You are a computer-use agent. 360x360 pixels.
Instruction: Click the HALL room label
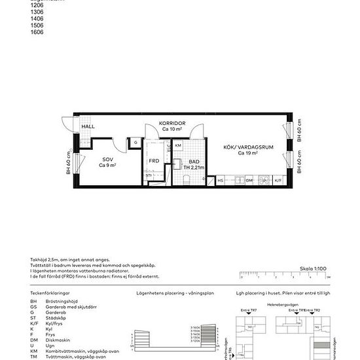coord(88,127)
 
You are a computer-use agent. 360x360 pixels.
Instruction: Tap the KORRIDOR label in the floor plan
coord(173,123)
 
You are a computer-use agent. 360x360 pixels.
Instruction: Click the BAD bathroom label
coord(194,161)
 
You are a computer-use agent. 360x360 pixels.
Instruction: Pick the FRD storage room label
coord(154,161)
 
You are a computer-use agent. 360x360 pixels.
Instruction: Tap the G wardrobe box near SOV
coord(135,142)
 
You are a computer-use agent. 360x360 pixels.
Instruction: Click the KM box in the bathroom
coord(177,145)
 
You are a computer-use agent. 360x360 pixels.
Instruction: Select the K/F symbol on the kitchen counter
coord(278,180)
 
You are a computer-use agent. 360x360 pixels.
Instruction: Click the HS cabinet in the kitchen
coord(221,180)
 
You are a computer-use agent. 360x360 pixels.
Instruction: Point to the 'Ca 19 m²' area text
coord(250,154)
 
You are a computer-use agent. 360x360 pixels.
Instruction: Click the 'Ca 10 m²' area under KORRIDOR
coord(173,129)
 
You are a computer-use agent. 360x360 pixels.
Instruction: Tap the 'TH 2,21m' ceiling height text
coord(194,168)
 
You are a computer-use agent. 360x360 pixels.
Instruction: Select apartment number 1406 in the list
coord(37,20)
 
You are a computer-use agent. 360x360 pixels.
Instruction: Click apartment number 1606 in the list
coord(37,31)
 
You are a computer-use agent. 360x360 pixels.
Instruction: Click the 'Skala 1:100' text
coord(312,268)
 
